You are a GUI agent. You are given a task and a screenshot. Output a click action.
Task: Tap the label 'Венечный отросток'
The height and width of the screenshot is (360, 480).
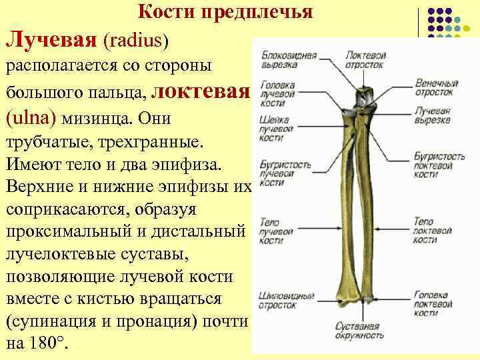pos(436,87)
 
